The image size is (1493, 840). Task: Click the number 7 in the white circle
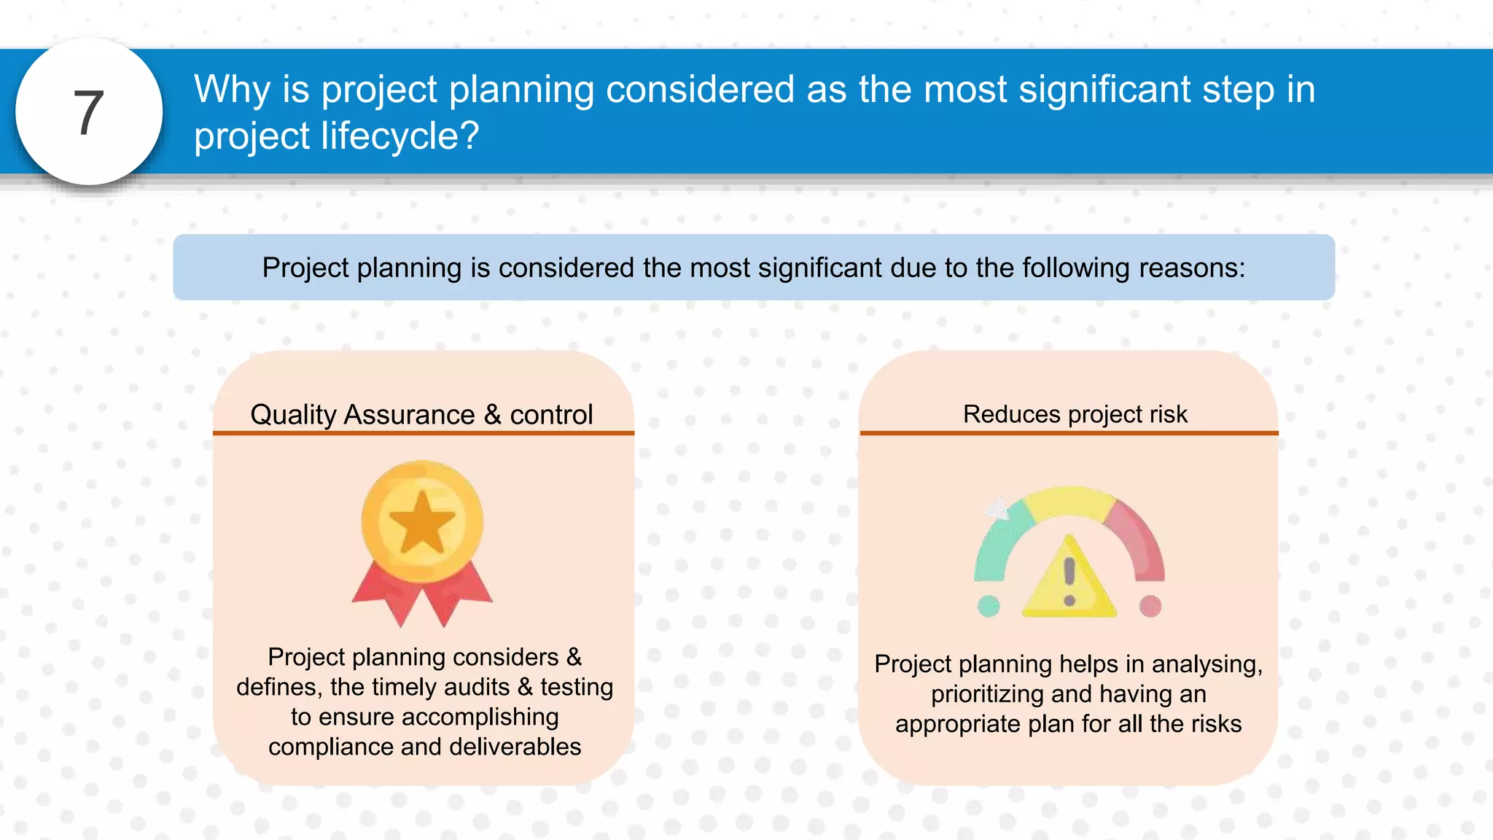click(x=89, y=113)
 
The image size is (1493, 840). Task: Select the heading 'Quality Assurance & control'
click(x=421, y=414)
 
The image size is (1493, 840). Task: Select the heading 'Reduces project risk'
click(x=1075, y=414)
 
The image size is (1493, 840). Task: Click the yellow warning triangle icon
click(x=1069, y=583)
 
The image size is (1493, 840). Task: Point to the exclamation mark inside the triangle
click(x=1069, y=580)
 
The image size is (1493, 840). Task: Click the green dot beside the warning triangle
click(x=989, y=605)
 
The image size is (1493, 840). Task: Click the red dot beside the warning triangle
click(x=1150, y=605)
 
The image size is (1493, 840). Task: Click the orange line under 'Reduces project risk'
click(x=1069, y=433)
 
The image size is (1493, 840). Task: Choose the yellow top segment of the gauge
click(x=1069, y=502)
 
